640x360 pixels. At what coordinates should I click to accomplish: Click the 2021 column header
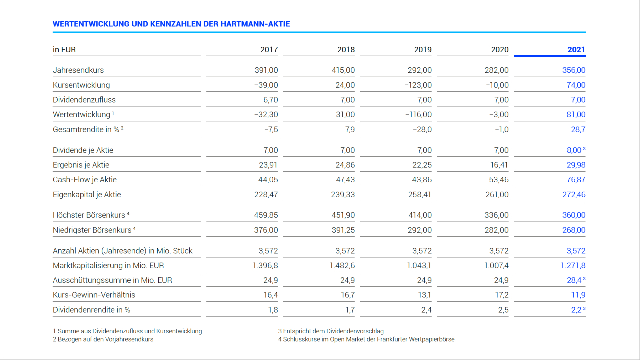coord(576,50)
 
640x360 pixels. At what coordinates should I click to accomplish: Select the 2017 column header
coord(269,50)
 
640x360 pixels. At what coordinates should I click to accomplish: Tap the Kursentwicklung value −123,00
coord(418,85)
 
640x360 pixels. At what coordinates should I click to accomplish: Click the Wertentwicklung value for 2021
coord(576,115)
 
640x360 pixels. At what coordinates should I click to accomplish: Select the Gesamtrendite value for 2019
coord(422,129)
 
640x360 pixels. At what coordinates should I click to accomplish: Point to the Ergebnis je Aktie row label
coord(81,165)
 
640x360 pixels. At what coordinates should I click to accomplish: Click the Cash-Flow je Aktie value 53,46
coord(498,180)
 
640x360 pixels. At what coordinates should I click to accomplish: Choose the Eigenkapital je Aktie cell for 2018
coord(343,195)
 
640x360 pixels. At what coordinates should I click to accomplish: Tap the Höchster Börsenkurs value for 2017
coord(266,215)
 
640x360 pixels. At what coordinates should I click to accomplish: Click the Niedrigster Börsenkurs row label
coord(92,230)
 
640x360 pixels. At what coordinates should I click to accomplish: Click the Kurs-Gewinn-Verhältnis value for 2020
coord(502,295)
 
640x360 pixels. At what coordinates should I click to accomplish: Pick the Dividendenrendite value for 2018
coord(350,310)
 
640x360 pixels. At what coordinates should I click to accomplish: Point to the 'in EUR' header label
coord(64,50)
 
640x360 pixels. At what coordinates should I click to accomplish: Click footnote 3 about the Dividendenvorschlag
coord(330,331)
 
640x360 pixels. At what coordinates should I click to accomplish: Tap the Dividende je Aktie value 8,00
coord(574,150)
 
